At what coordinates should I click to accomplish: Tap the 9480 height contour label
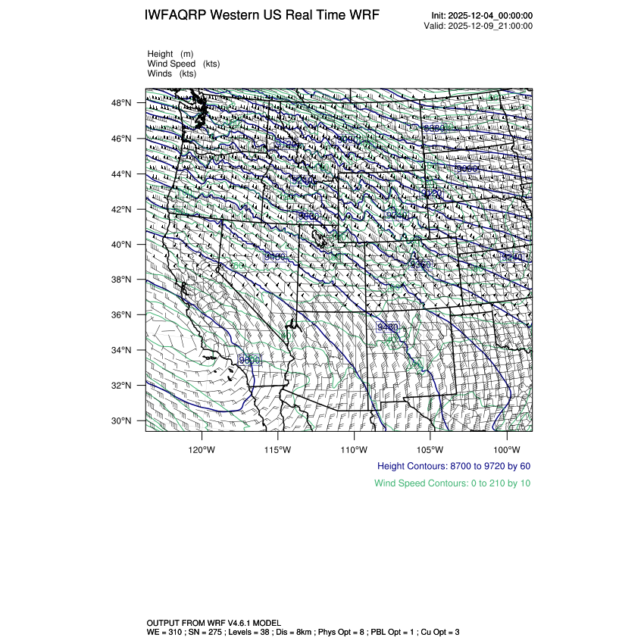(387, 327)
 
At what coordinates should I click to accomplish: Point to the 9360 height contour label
(420, 264)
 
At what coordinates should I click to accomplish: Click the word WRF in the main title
(363, 16)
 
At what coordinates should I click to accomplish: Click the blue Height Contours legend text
(453, 466)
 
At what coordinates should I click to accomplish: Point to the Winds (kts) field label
(172, 73)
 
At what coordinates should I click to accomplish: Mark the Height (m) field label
(170, 54)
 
